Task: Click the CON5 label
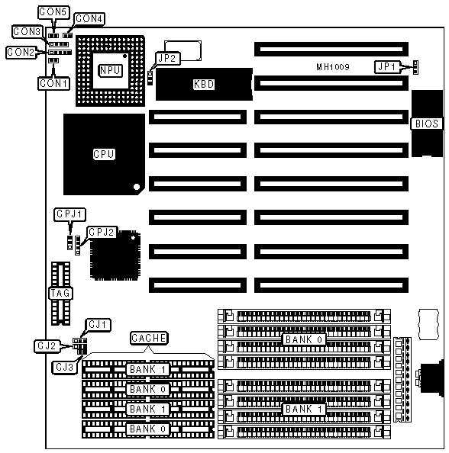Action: pyautogui.click(x=53, y=12)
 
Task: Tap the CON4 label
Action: pyautogui.click(x=89, y=19)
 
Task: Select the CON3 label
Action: pyautogui.click(x=27, y=31)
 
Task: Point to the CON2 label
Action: pyautogui.click(x=21, y=53)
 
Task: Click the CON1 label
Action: pyautogui.click(x=53, y=83)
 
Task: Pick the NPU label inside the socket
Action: pyautogui.click(x=110, y=70)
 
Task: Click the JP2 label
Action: pyautogui.click(x=167, y=59)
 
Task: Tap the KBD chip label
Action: pyautogui.click(x=204, y=84)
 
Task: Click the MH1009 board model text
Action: pyautogui.click(x=333, y=67)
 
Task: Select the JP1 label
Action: pyautogui.click(x=387, y=67)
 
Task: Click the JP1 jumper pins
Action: pyautogui.click(x=415, y=67)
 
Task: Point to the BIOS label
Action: pyautogui.click(x=427, y=124)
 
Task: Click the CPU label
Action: pyautogui.click(x=104, y=154)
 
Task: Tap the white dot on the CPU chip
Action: pyautogui.click(x=137, y=187)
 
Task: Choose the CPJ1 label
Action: pyautogui.click(x=69, y=214)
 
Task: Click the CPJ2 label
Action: pyautogui.click(x=102, y=233)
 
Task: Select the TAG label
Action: pyautogui.click(x=60, y=294)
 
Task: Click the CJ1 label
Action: pyautogui.click(x=98, y=325)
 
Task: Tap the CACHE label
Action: pyautogui.click(x=149, y=338)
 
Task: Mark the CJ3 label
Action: pyautogui.click(x=65, y=367)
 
